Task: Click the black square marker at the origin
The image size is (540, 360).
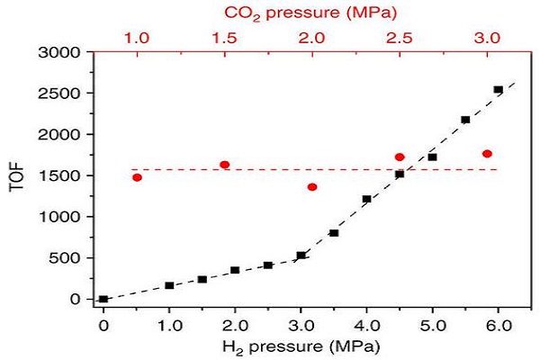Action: point(103,299)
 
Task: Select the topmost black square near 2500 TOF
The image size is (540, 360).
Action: point(498,90)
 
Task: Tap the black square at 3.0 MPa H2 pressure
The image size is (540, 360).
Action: point(301,256)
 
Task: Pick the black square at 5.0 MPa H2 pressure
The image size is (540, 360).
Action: point(432,157)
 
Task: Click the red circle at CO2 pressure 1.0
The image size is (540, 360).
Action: point(137,177)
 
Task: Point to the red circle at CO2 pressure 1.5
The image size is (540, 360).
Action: point(225,165)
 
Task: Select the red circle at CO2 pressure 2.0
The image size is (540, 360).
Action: point(312,187)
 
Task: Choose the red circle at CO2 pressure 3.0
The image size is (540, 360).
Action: point(488,154)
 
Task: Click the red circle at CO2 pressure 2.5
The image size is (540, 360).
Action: point(400,157)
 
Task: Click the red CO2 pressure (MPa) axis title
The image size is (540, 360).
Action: point(311,13)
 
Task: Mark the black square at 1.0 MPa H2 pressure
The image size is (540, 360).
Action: point(169,285)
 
